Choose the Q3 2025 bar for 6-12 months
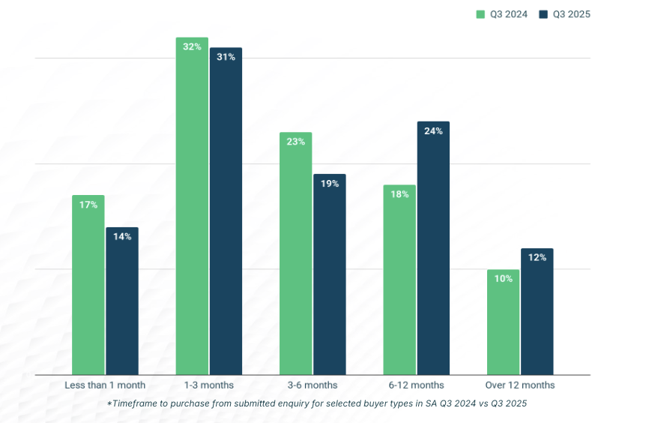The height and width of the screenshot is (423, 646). (433, 248)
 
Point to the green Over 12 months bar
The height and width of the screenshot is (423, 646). (503, 322)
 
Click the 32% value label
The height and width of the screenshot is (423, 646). (192, 46)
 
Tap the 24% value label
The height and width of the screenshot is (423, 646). (433, 131)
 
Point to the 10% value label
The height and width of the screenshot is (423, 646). (503, 279)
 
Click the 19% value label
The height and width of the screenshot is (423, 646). (330, 184)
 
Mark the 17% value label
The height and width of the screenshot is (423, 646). (88, 205)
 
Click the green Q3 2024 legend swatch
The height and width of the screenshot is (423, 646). (481, 14)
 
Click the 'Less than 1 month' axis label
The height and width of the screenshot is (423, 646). (105, 385)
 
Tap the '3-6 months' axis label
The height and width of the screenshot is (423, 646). (313, 385)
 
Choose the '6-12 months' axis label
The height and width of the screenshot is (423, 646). (416, 385)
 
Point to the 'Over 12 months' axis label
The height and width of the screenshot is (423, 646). (520, 385)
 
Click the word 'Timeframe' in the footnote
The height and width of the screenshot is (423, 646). (139, 403)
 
